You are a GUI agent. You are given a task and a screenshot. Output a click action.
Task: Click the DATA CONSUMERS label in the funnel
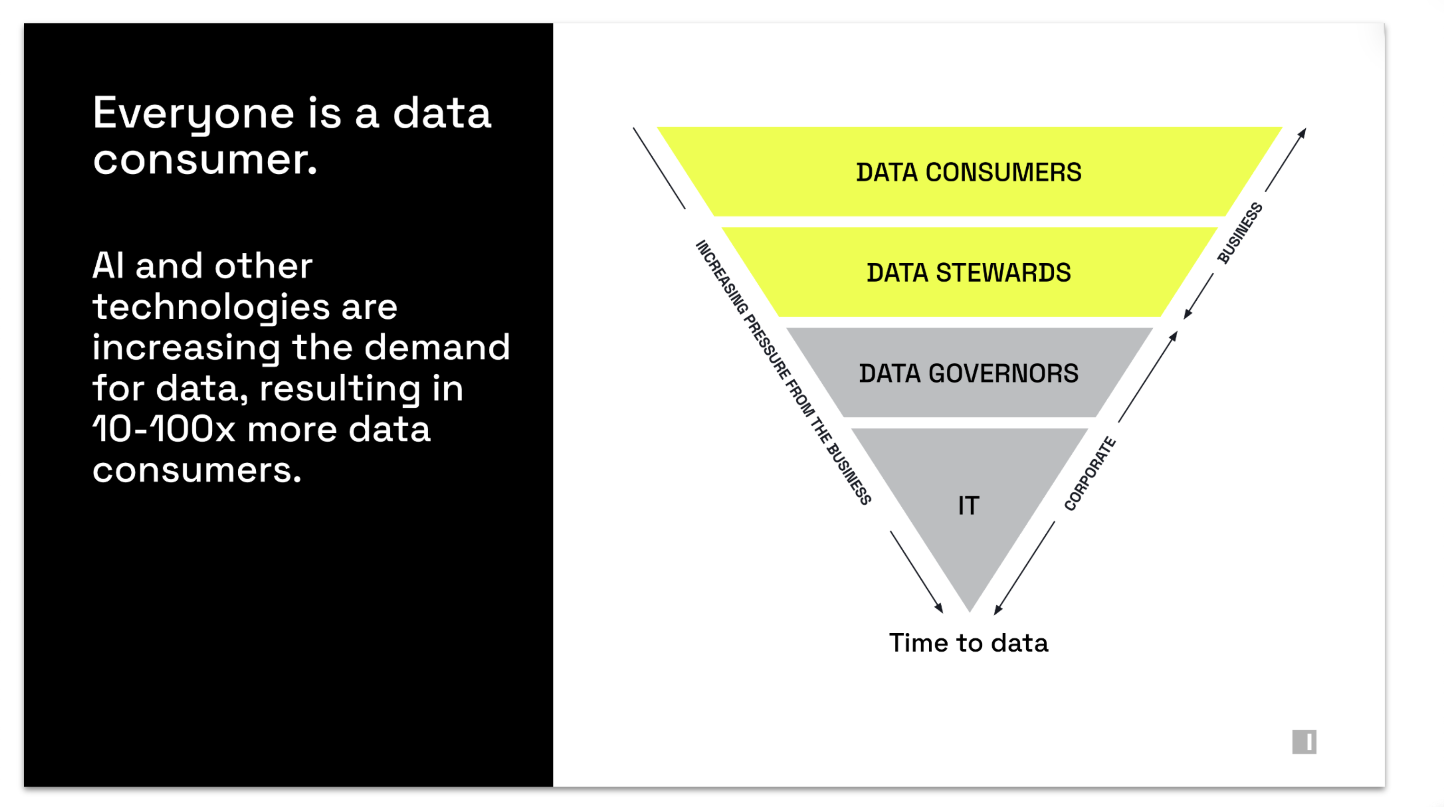tap(968, 172)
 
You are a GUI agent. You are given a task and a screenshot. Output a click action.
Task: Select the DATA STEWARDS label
tap(968, 273)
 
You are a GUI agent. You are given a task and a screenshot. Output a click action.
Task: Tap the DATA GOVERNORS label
tap(968, 373)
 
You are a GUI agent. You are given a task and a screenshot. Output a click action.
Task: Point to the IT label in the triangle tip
tap(968, 505)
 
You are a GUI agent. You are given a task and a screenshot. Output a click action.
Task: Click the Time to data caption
tap(968, 643)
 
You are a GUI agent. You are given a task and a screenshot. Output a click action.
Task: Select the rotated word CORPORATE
tap(1090, 474)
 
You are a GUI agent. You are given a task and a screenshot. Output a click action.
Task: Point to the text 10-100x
tap(163, 429)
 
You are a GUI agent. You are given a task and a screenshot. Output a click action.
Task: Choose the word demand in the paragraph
tap(437, 348)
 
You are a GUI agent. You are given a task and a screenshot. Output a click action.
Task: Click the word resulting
tap(339, 388)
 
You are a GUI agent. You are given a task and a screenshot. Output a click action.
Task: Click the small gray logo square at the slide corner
tap(1304, 741)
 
